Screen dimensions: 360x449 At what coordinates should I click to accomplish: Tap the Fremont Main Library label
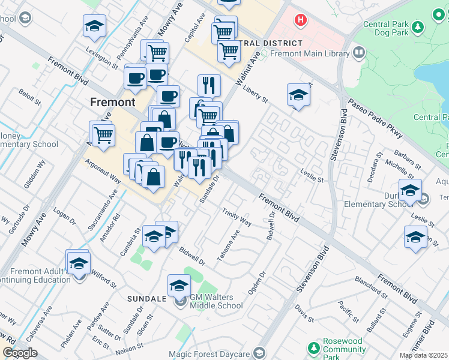(310, 53)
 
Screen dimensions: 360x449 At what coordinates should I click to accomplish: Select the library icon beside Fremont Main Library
(359, 53)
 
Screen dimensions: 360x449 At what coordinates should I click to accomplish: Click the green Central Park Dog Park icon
(418, 26)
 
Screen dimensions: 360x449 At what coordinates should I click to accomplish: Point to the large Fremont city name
(113, 102)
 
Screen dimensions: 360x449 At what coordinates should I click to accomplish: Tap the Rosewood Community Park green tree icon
(313, 348)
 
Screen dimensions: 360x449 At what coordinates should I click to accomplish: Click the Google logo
(20, 353)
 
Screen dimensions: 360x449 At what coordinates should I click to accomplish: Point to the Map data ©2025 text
(424, 355)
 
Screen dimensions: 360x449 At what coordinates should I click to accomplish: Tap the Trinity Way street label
(237, 217)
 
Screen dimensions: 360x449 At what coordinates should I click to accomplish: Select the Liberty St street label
(255, 92)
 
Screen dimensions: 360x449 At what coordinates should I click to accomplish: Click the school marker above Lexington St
(94, 26)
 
